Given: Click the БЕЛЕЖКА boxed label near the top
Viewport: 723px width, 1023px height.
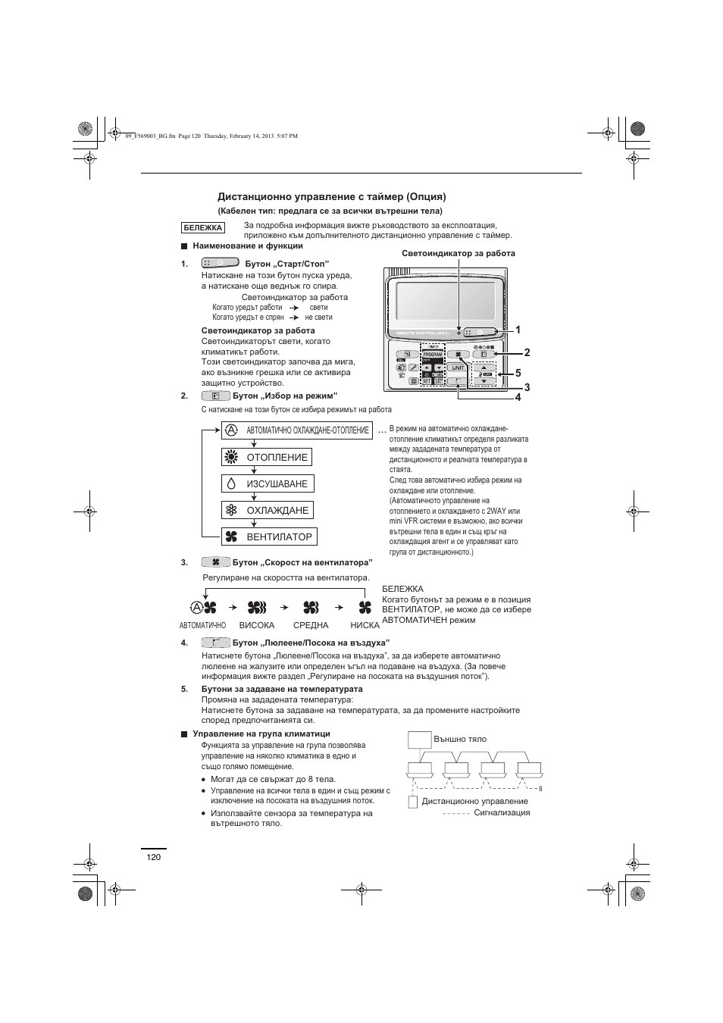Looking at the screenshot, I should point(202,227).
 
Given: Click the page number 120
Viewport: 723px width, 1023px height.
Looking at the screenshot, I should point(154,856).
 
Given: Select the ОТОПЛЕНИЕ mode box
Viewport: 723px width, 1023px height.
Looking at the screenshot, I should point(267,457).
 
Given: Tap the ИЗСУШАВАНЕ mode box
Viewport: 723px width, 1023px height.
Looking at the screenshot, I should point(268,483).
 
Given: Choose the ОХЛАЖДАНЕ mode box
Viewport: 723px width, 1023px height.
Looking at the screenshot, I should point(267,510).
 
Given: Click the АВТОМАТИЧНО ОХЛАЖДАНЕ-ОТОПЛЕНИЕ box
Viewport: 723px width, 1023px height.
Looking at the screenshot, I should point(297,430).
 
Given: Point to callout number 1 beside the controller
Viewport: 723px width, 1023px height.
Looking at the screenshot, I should point(518,330).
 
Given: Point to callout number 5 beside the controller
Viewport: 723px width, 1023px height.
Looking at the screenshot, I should point(518,373).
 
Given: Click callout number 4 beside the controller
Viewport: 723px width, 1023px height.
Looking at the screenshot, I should point(518,397).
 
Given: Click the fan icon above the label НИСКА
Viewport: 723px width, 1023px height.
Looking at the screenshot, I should point(365,607).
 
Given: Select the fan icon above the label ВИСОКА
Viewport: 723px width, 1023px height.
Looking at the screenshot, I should point(256,607).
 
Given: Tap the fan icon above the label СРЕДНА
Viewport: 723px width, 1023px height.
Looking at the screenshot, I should point(311,607).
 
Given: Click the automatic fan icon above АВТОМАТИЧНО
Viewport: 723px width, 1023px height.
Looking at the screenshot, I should point(203,607).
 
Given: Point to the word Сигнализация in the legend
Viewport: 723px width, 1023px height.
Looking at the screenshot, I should point(502,812).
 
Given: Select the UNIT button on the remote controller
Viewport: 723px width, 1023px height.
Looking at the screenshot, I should point(458,368).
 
